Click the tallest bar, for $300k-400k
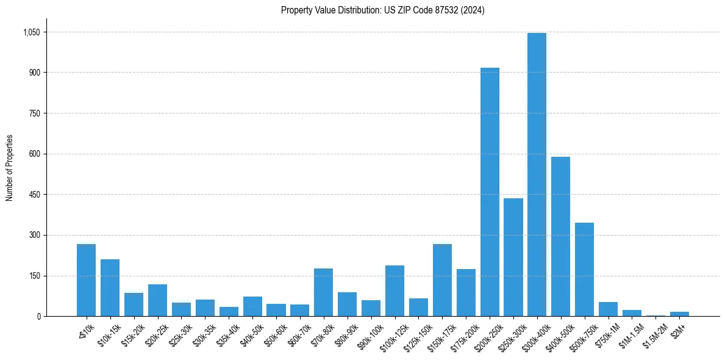click(537, 175)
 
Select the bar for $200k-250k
click(490, 192)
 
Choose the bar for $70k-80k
click(323, 292)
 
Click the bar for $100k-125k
click(395, 291)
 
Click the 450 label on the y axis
click(35, 195)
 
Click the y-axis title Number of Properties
click(10, 168)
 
